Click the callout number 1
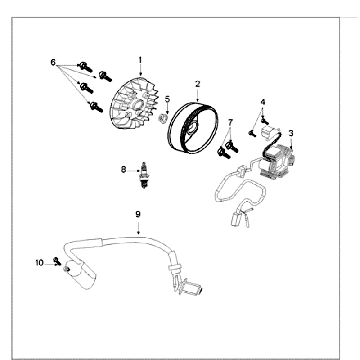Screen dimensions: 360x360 pos(140,60)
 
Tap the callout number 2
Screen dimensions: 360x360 pos(198,84)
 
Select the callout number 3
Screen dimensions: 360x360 pos(291,133)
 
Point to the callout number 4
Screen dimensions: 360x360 pos(263,102)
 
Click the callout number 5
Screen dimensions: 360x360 pos(167,99)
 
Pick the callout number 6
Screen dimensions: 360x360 pos(53,62)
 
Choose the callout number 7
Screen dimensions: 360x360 pos(230,122)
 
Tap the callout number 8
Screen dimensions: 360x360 pos(124,170)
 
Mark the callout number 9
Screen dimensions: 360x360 pos(138,214)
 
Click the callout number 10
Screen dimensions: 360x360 pos(39,263)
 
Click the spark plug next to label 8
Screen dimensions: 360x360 pos(144,175)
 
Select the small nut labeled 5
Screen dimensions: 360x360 pos(163,118)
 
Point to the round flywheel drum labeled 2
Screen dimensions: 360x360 pos(194,128)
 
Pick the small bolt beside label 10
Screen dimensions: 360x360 pos(57,261)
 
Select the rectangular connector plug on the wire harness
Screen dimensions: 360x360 pos(235,220)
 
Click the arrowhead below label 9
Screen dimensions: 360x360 pos(138,233)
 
